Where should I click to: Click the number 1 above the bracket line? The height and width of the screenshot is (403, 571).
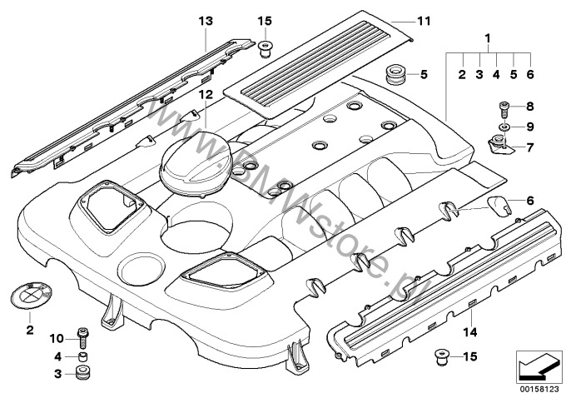click(488, 38)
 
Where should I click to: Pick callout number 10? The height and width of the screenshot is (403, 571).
click(57, 337)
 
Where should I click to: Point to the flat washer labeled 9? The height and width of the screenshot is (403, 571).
click(502, 127)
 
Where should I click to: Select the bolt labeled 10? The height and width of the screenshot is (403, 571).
click(82, 338)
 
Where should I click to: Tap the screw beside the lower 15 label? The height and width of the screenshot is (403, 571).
click(440, 359)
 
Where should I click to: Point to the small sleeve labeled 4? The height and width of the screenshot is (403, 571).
click(82, 357)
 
